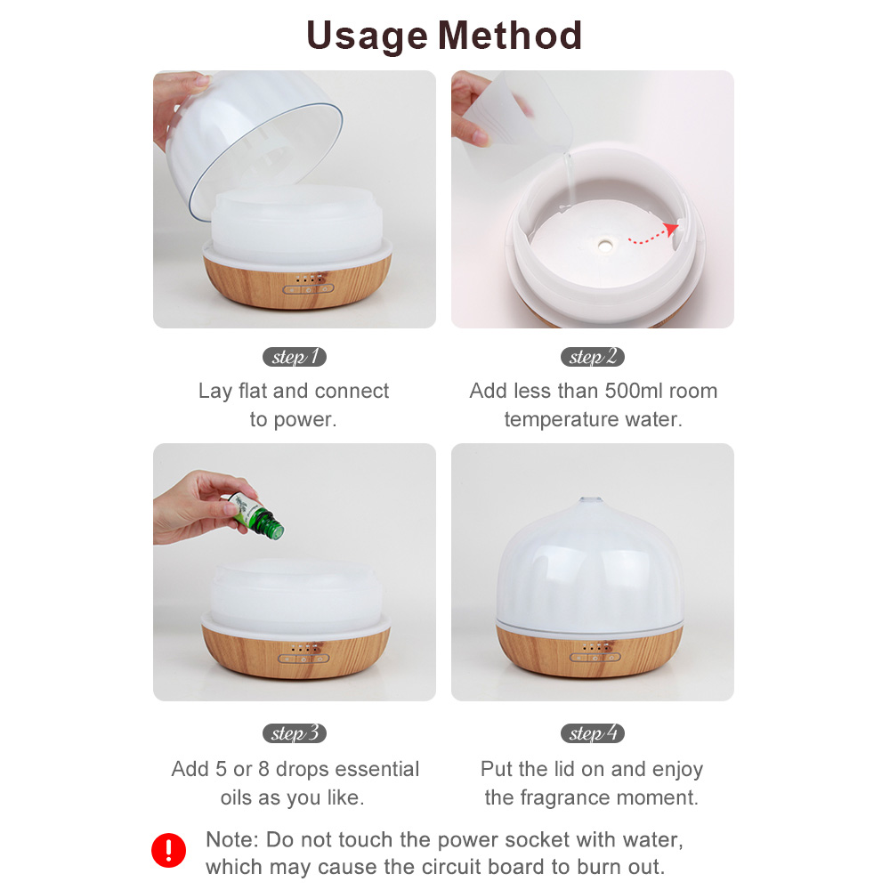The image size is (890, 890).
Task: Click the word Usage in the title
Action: pos(367,36)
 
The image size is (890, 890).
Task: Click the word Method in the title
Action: pos(510,36)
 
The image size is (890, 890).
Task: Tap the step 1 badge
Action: pos(294,357)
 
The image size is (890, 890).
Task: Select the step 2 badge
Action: pos(593,357)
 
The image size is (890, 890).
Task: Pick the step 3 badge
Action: pos(294,733)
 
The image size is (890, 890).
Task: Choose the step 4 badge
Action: pos(593,733)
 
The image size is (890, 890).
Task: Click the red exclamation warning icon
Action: pos(168,850)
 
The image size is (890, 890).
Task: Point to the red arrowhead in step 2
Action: pos(671,229)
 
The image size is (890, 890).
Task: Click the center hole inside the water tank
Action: pos(604,246)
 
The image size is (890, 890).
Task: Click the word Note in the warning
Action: pos(231,839)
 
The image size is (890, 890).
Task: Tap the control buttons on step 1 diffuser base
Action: pos(308,289)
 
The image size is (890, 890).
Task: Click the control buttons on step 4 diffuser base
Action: pos(595,658)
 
